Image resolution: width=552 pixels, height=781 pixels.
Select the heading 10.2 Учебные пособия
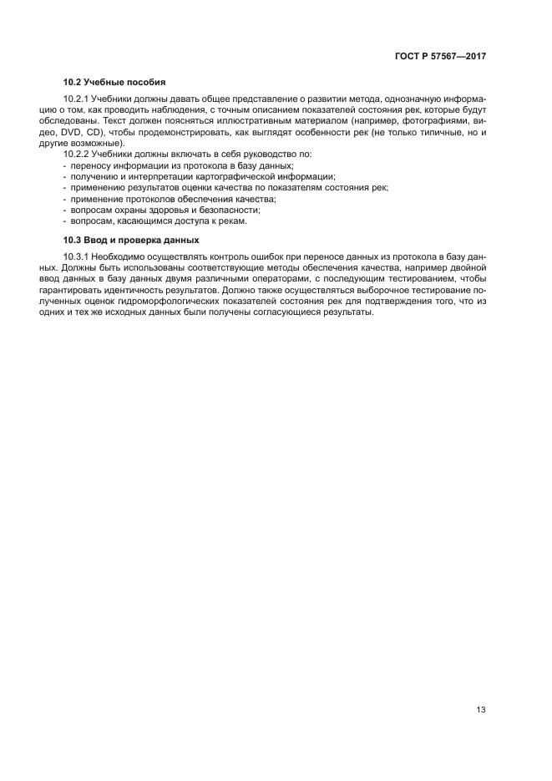point(114,83)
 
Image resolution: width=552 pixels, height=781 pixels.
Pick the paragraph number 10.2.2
point(77,155)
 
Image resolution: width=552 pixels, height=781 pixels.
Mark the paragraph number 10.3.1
point(77,256)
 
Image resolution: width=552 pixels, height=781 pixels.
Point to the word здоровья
point(169,210)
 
